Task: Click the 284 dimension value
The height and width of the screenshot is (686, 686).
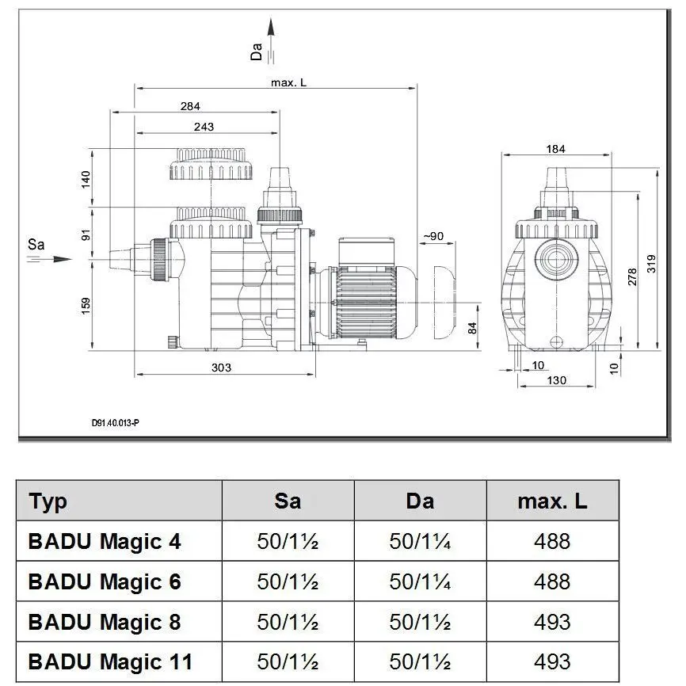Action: click(x=190, y=106)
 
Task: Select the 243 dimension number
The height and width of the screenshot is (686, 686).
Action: click(x=204, y=127)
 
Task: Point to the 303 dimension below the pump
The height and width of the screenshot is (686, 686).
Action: click(x=221, y=368)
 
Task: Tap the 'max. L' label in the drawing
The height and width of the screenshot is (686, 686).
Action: click(x=288, y=82)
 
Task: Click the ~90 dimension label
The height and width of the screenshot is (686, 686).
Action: click(x=433, y=236)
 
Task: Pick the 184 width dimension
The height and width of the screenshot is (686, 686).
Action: click(x=555, y=149)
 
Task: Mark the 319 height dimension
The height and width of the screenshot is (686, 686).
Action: click(x=651, y=264)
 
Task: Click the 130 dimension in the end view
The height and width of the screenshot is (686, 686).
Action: click(x=557, y=380)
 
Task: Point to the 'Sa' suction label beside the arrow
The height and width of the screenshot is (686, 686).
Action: click(x=36, y=244)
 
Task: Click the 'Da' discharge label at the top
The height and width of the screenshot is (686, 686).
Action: click(x=256, y=51)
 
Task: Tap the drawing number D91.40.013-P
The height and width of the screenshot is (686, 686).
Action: click(x=116, y=423)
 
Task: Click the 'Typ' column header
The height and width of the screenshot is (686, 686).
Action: click(x=48, y=501)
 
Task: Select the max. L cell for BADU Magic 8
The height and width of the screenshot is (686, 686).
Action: click(x=552, y=622)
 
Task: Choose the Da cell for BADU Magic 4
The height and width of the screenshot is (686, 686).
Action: click(x=420, y=541)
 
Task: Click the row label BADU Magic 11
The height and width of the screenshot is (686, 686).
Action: click(x=110, y=661)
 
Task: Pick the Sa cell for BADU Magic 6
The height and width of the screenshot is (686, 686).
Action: click(x=288, y=581)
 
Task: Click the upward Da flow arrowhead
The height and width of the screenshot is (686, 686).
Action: click(x=271, y=27)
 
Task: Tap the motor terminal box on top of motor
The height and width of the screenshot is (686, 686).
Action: click(x=367, y=252)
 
